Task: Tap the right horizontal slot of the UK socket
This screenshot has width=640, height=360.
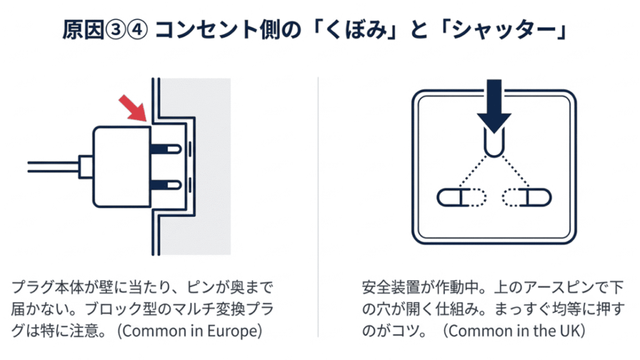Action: [528, 198]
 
